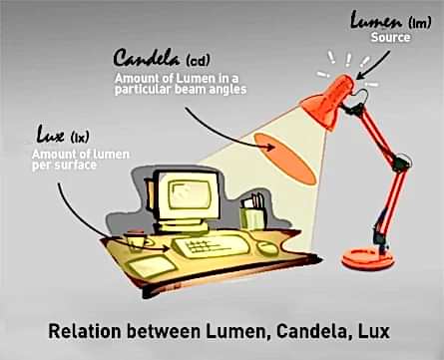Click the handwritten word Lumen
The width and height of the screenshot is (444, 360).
pos(376,21)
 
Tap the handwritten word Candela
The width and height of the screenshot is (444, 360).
pos(147,57)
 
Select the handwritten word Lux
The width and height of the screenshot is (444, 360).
pos(50,134)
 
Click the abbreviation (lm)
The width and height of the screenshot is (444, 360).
pos(419,23)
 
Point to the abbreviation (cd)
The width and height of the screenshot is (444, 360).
pos(199,60)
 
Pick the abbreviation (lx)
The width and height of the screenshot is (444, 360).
pos(80,137)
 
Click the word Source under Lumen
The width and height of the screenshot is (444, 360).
pos(390,37)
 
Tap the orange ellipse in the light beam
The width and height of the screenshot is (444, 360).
pos(284,159)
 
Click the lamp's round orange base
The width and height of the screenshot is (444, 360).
pos(368,259)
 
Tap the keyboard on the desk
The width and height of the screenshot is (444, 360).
pos(211,246)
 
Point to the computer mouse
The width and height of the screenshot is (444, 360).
pos(267,248)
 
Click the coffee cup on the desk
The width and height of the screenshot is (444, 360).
pos(136,239)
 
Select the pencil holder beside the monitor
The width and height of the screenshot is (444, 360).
pos(252,212)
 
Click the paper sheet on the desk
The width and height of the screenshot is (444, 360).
pos(152,266)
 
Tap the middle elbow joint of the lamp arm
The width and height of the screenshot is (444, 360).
pos(401,163)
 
